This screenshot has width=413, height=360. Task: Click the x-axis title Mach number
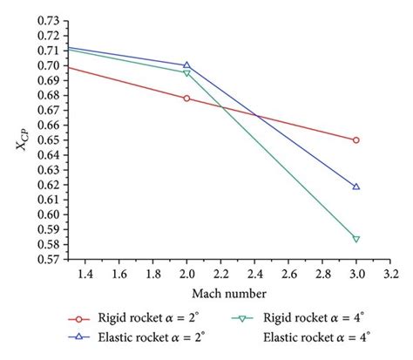[x=228, y=294]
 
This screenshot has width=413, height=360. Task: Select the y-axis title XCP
[x=20, y=139]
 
